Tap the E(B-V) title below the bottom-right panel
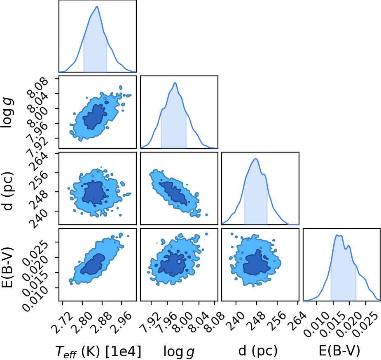339,351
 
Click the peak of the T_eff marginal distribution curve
97,6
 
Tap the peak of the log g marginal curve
175,83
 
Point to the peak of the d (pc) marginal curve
256,159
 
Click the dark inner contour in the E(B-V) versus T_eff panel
93,264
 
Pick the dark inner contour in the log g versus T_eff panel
94,117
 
